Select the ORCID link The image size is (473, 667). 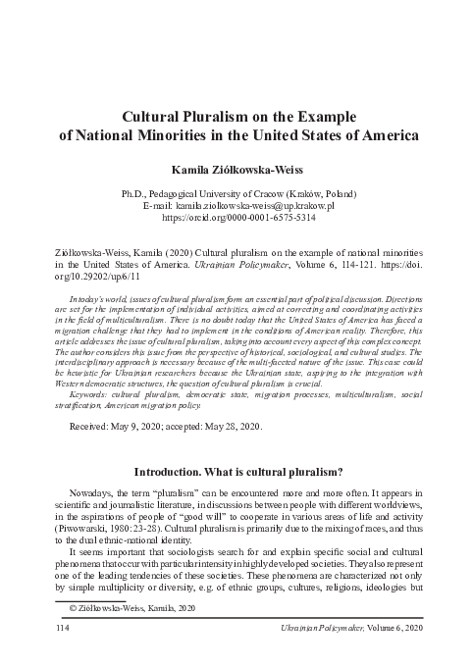click(x=236, y=221)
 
